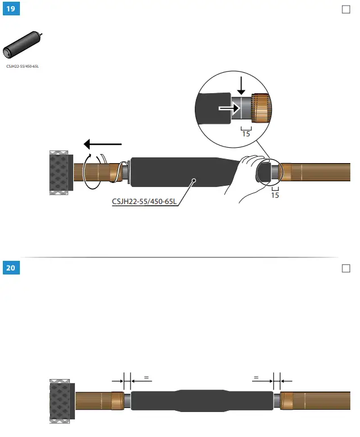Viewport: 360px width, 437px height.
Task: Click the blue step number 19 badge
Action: [10, 10]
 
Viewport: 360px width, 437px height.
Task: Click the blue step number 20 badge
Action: [10, 268]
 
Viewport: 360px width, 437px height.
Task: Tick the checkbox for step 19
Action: [346, 10]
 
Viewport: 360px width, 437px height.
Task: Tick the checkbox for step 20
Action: [346, 268]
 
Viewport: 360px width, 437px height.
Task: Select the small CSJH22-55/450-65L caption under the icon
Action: [23, 67]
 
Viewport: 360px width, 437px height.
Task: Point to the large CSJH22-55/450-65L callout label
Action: [144, 200]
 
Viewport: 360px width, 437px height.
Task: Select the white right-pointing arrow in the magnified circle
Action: [228, 107]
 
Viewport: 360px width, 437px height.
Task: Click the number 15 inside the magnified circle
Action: [246, 134]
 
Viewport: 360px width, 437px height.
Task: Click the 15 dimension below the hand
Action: [275, 195]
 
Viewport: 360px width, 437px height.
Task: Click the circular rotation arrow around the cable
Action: [91, 170]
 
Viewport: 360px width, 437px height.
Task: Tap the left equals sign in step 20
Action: [146, 377]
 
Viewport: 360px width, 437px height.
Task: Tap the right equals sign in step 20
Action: [256, 377]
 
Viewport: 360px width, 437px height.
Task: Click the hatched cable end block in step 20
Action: [61, 401]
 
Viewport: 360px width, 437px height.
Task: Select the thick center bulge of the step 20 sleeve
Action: [202, 400]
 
